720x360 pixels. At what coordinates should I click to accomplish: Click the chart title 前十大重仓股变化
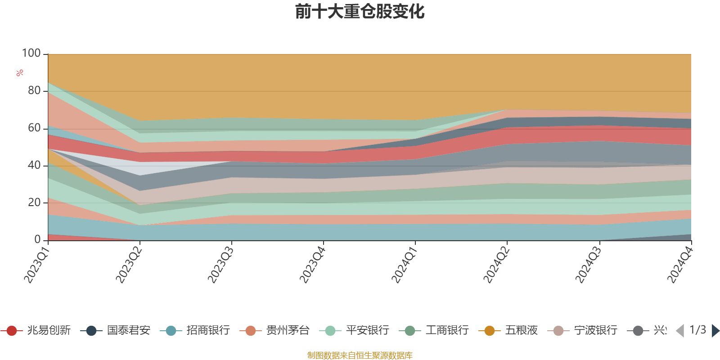point(360,12)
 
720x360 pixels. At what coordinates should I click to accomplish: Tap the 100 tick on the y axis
point(31,54)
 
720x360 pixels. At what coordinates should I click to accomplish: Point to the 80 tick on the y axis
point(34,91)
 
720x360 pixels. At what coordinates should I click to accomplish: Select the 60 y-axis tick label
point(34,128)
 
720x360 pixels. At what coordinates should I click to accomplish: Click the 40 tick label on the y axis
point(34,166)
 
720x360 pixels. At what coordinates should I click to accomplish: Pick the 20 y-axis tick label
point(34,203)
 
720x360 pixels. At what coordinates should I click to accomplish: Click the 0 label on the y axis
point(38,240)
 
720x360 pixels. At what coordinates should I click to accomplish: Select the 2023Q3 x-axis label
point(220,265)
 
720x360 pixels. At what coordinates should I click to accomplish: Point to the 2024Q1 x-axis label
point(404,265)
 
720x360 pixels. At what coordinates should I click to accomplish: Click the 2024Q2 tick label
point(495,265)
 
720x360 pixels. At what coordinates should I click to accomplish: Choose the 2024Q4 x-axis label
point(679,265)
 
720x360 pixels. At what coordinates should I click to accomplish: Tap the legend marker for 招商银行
point(171,331)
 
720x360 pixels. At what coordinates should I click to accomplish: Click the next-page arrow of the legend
point(715,331)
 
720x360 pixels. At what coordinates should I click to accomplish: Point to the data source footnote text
point(360,355)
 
